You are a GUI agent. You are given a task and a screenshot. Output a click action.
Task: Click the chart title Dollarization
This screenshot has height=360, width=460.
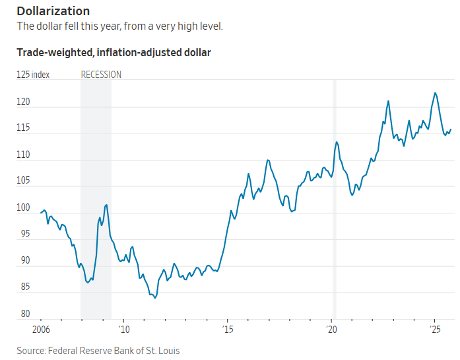coord(53,11)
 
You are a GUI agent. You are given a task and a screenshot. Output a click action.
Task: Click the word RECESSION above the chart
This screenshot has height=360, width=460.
coord(101,75)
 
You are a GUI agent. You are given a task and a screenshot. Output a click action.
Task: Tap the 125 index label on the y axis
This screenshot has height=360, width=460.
coord(33,75)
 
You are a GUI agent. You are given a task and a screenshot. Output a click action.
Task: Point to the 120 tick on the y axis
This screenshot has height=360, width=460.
coord(23,102)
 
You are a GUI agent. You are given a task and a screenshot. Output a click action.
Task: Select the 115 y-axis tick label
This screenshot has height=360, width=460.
coord(23,128)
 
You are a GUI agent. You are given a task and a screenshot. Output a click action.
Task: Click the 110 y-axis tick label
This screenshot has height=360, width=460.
coord(23,155)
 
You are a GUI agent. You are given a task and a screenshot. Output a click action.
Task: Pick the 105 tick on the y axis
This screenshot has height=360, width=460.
coord(23,181)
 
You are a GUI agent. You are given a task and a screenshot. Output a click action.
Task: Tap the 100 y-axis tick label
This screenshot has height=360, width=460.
coord(23,208)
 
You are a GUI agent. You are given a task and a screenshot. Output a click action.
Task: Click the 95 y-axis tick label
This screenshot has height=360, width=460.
coord(23,234)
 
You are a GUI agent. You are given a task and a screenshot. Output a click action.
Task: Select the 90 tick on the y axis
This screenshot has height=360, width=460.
coord(23,261)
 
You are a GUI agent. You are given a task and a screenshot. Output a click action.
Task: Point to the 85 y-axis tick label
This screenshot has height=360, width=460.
coord(23,287)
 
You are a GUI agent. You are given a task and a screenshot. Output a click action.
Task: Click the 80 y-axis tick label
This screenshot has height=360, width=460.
coord(23,314)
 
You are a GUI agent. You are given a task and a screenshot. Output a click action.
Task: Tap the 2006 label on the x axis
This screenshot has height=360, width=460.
coord(41,329)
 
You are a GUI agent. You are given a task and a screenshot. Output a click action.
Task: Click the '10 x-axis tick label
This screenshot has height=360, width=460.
coord(123,329)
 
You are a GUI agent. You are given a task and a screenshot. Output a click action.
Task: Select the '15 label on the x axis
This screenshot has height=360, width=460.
coord(227,329)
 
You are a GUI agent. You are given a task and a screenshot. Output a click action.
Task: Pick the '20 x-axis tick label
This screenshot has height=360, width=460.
coord(331,329)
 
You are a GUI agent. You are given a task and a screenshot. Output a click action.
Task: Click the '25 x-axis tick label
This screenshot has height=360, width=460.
coord(435,329)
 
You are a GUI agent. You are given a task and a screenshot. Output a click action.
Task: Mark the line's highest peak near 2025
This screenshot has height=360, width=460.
coord(435,93)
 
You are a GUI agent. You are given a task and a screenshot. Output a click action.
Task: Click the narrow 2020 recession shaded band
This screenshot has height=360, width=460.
coord(334,198)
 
